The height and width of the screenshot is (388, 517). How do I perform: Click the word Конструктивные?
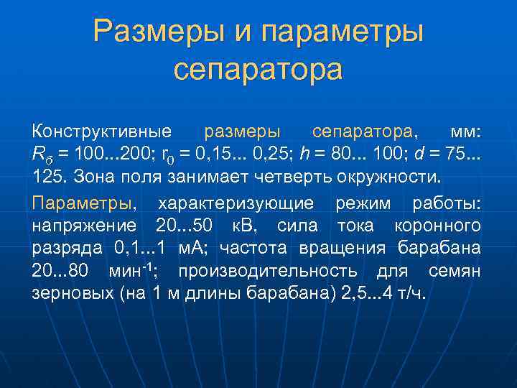tap(101, 131)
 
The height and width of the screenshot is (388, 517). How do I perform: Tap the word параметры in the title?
tap(343, 32)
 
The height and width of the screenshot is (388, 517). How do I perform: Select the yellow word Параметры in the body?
tap(83, 203)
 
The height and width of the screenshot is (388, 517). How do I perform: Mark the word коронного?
tap(439, 226)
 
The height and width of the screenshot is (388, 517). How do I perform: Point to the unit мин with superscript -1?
tap(134, 270)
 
